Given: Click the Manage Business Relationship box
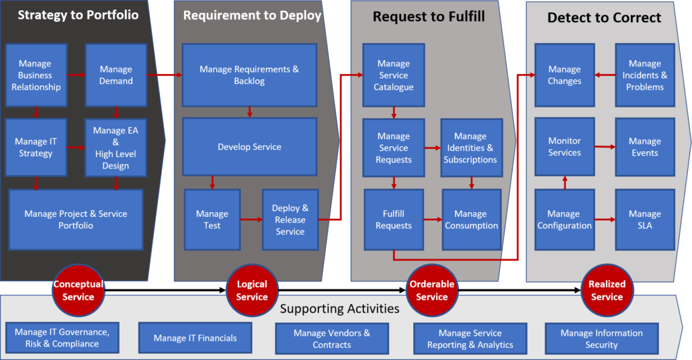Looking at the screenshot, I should point(36,75).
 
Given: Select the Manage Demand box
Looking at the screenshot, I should point(116,75).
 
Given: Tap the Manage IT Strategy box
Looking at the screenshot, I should point(36,148).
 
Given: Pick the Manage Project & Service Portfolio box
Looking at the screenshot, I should point(76,220).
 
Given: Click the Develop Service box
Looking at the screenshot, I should point(249,147).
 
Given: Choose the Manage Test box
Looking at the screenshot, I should point(212,220).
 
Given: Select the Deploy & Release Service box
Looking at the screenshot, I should point(290,220).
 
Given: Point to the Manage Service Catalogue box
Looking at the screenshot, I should point(394,75).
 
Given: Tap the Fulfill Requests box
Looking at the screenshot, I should point(394,220).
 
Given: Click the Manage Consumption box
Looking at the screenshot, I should point(471,220).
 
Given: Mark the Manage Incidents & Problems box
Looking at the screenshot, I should point(645,75).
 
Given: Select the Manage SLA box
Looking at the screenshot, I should point(645,220).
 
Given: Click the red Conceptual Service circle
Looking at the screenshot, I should point(79,290).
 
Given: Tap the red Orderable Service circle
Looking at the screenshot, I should point(432,290).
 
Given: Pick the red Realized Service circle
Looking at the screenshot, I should point(607,290).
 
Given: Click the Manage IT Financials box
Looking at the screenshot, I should point(196,338).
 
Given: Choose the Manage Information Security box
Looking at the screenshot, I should point(601,339).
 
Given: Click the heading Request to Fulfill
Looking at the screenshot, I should point(429,17).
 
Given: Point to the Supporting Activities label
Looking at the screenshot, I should point(339,309).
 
